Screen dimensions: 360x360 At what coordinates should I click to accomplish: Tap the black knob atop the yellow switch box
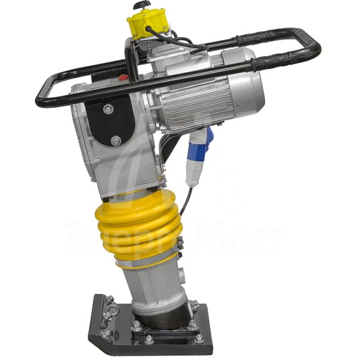click(142, 6)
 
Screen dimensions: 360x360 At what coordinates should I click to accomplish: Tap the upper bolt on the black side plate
click(108, 110)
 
